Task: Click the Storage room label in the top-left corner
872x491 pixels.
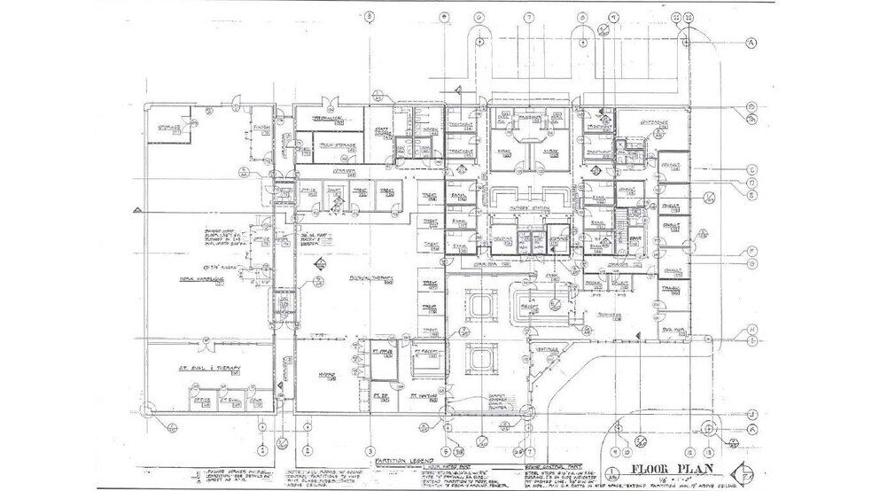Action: (x=170, y=127)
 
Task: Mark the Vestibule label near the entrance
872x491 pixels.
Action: (x=548, y=349)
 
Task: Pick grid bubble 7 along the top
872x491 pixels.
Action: (x=529, y=17)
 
